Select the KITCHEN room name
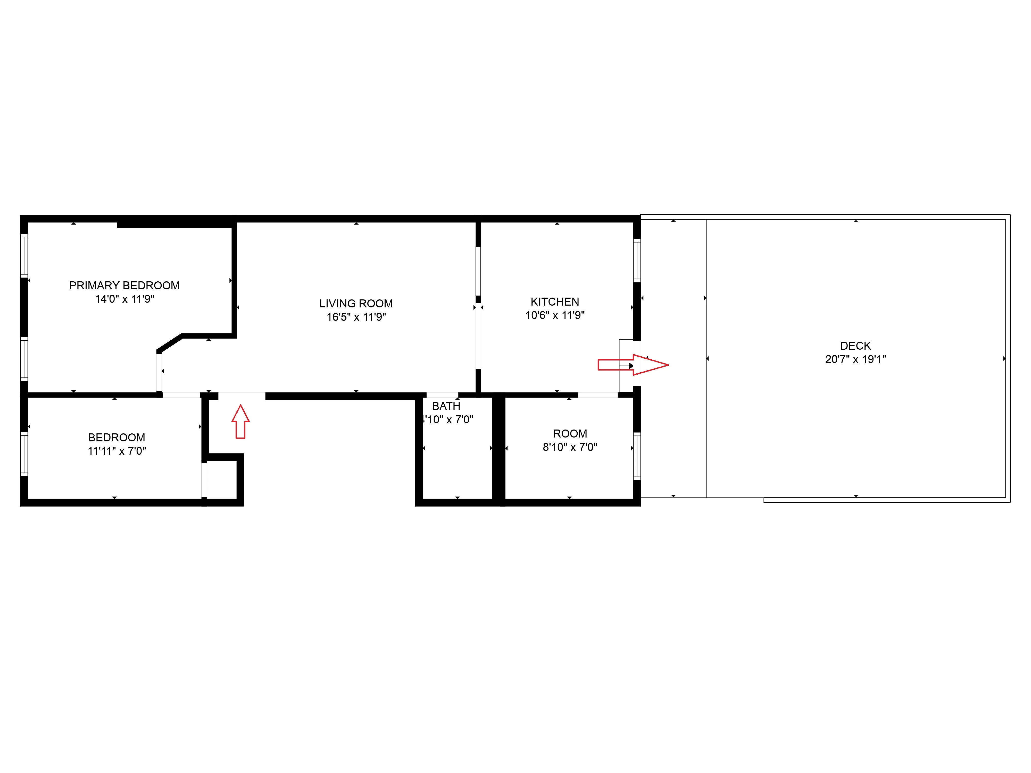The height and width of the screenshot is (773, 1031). (x=555, y=301)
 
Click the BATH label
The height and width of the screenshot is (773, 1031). (x=446, y=406)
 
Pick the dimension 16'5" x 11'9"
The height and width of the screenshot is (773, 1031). (x=356, y=317)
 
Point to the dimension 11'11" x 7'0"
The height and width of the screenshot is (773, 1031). (x=117, y=451)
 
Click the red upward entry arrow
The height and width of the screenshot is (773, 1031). (x=240, y=422)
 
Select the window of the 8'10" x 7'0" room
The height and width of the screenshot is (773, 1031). (x=637, y=456)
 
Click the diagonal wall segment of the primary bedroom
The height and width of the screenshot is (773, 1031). (x=169, y=343)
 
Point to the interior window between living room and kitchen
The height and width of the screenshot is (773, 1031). (x=478, y=271)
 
